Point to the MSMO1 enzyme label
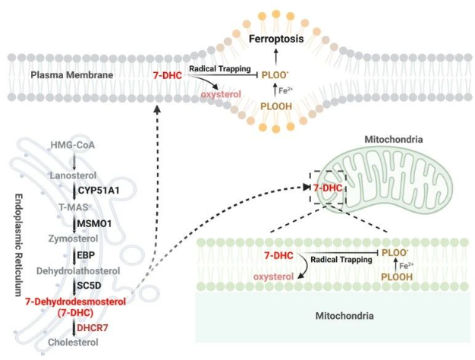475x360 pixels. click(x=93, y=223)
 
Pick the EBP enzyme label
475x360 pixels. click(x=85, y=255)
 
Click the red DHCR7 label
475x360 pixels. click(x=89, y=329)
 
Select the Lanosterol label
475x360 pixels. click(x=71, y=175)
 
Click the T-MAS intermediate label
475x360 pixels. click(x=70, y=207)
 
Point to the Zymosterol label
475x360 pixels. click(x=71, y=238)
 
